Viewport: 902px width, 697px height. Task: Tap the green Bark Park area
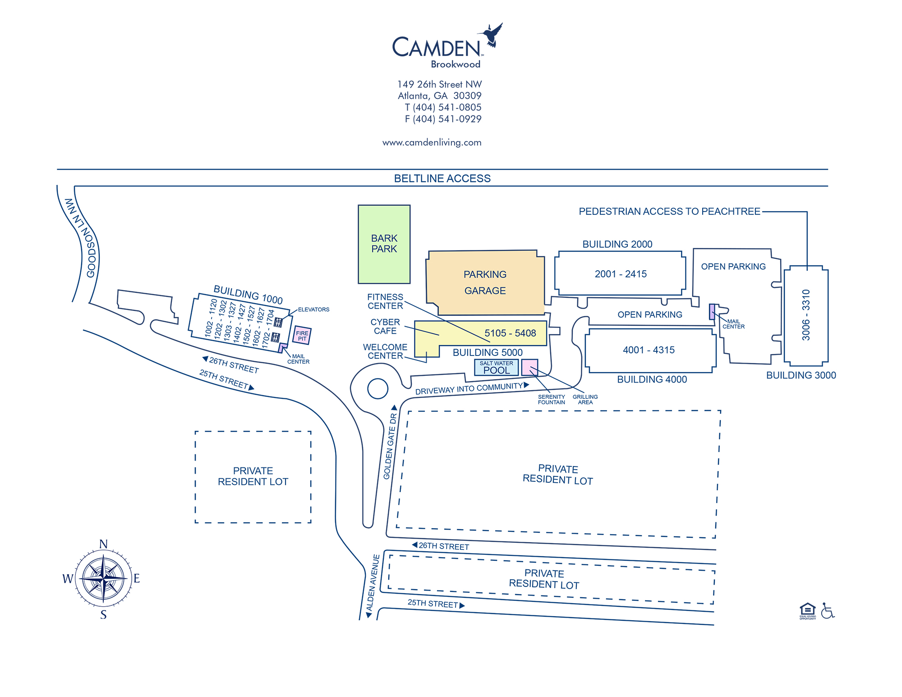tap(384, 244)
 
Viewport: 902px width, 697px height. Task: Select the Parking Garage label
tap(485, 282)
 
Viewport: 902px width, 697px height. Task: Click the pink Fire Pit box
tap(302, 336)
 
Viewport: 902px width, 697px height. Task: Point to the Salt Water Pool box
tap(496, 368)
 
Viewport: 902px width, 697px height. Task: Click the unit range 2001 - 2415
tap(621, 274)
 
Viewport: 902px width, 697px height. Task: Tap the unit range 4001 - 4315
tap(649, 350)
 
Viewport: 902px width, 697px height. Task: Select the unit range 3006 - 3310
tap(806, 314)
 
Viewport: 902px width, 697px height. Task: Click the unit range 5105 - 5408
tap(510, 333)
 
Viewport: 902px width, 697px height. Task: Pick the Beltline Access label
tap(442, 178)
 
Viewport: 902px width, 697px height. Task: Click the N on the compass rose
tap(103, 544)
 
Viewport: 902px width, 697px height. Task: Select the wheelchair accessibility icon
tap(827, 611)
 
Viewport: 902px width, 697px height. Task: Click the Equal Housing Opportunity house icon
tap(807, 610)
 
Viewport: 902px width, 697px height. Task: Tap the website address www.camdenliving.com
tap(432, 143)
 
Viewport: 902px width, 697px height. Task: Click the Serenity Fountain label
tap(551, 400)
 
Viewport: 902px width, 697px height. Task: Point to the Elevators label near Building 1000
tap(313, 309)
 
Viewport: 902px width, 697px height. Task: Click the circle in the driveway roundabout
tap(377, 388)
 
